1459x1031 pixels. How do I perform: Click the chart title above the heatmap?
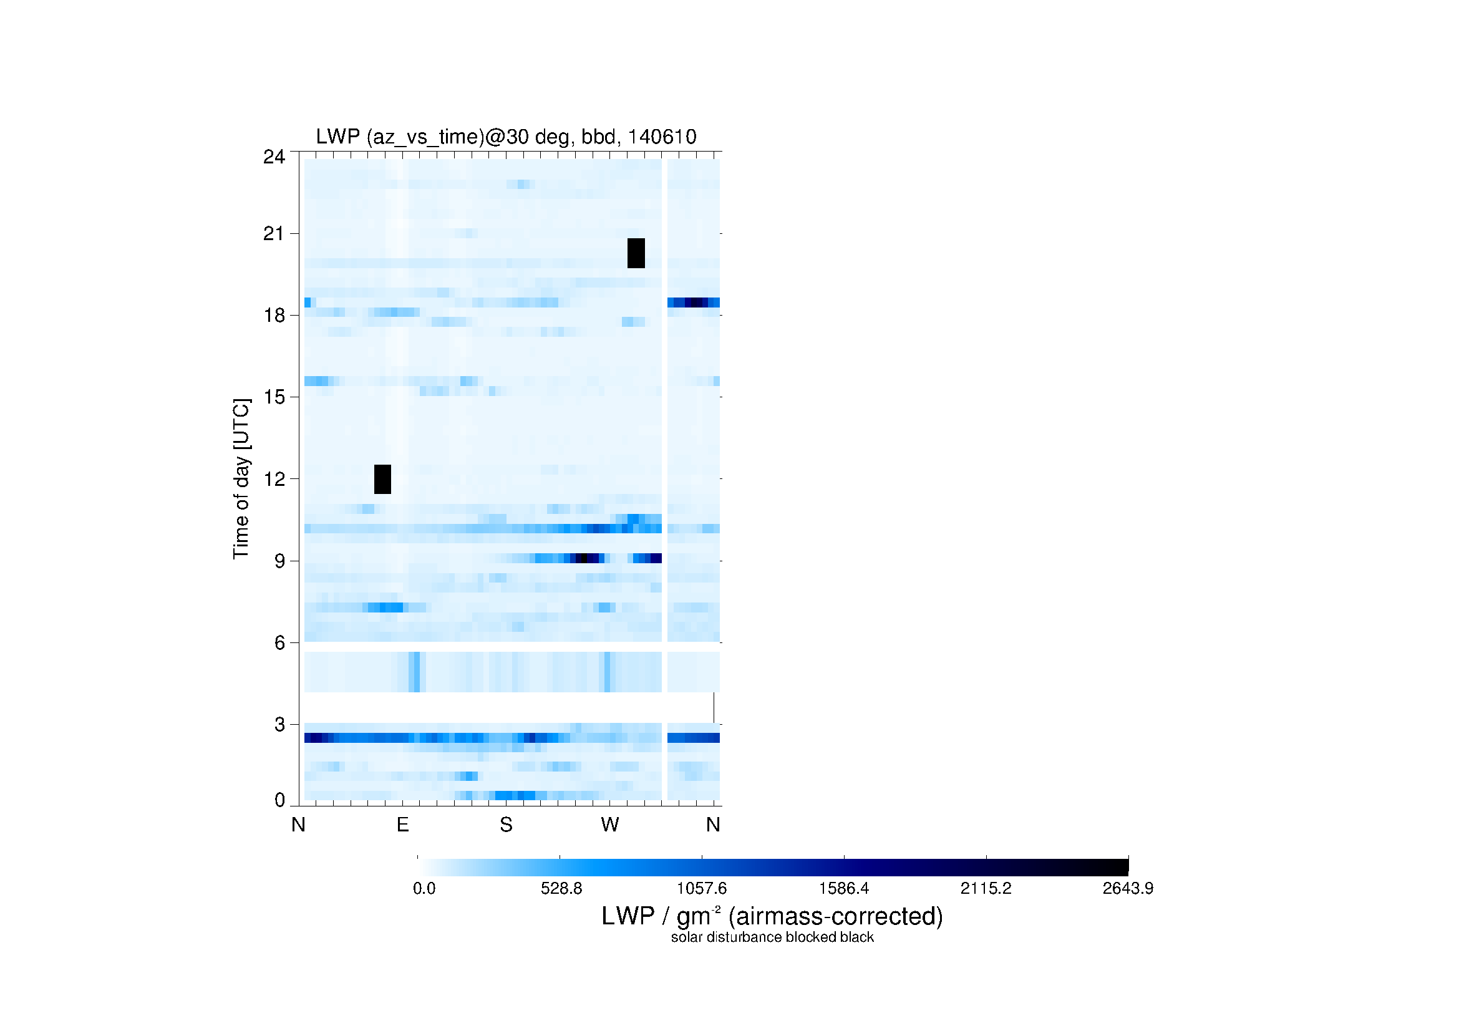506,137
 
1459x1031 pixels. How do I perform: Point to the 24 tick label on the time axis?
274,157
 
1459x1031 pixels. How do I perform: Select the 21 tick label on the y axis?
274,234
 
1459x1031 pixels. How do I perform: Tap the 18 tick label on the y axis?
274,316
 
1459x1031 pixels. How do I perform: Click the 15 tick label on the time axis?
274,398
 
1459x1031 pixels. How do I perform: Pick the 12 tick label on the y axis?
274,480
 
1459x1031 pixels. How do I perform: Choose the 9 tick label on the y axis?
279,561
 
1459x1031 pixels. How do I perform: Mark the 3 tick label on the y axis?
279,725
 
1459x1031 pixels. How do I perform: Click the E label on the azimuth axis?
402,825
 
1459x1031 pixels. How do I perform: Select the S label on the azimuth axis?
506,825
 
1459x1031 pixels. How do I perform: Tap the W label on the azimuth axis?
610,825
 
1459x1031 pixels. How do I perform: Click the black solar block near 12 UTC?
382,480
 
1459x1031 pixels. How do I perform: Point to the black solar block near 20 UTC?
636,253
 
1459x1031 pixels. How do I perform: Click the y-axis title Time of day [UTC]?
241,479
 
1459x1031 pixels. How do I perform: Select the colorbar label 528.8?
561,889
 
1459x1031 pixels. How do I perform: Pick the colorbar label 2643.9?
1128,889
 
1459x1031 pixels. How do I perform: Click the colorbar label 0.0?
424,889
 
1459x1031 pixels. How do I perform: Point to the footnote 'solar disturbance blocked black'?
772,937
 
